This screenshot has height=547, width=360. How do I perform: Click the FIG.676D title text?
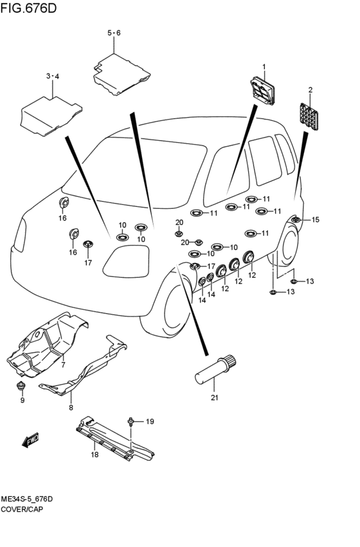pyautogui.click(x=28, y=8)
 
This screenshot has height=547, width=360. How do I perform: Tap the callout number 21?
pyautogui.click(x=214, y=397)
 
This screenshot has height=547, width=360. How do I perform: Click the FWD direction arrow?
pyautogui.click(x=30, y=440)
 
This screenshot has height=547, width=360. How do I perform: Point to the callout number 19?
pyautogui.click(x=150, y=422)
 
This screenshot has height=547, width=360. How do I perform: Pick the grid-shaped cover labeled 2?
pyautogui.click(x=309, y=116)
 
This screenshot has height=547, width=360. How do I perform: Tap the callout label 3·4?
pyautogui.click(x=53, y=76)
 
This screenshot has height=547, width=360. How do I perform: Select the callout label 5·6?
pyautogui.click(x=114, y=33)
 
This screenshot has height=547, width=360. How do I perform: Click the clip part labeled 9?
pyautogui.click(x=22, y=386)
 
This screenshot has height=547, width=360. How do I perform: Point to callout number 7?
pyautogui.click(x=63, y=364)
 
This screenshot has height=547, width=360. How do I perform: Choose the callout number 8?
pyautogui.click(x=71, y=407)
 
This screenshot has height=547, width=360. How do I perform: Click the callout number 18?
pyautogui.click(x=94, y=454)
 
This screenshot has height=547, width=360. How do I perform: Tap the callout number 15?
pyautogui.click(x=315, y=219)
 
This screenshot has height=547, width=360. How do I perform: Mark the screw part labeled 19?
pyautogui.click(x=130, y=422)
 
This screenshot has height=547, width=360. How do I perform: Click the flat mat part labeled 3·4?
pyautogui.click(x=51, y=116)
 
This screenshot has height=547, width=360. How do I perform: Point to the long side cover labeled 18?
pyautogui.click(x=115, y=440)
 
